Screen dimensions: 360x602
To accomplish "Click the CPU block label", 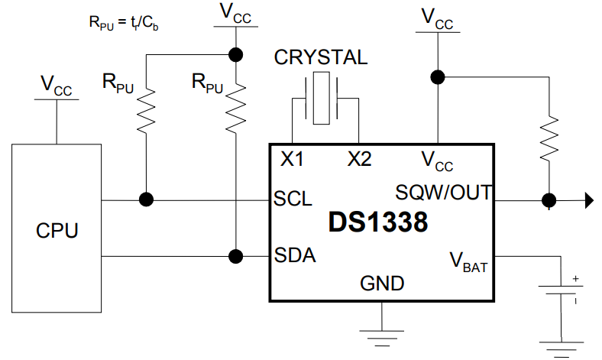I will (x=57, y=229).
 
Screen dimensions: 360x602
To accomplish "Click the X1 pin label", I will (x=292, y=159).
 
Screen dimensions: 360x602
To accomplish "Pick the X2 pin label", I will (x=359, y=159).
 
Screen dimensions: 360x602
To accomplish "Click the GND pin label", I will (x=382, y=284).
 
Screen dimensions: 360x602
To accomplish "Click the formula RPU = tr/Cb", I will (x=123, y=22).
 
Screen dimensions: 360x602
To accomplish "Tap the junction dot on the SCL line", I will (x=145, y=200).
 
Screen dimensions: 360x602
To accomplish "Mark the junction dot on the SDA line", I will (x=237, y=255).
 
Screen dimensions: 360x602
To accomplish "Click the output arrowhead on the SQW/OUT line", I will (x=589, y=201).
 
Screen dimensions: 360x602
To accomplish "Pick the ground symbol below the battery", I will (x=563, y=342).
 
